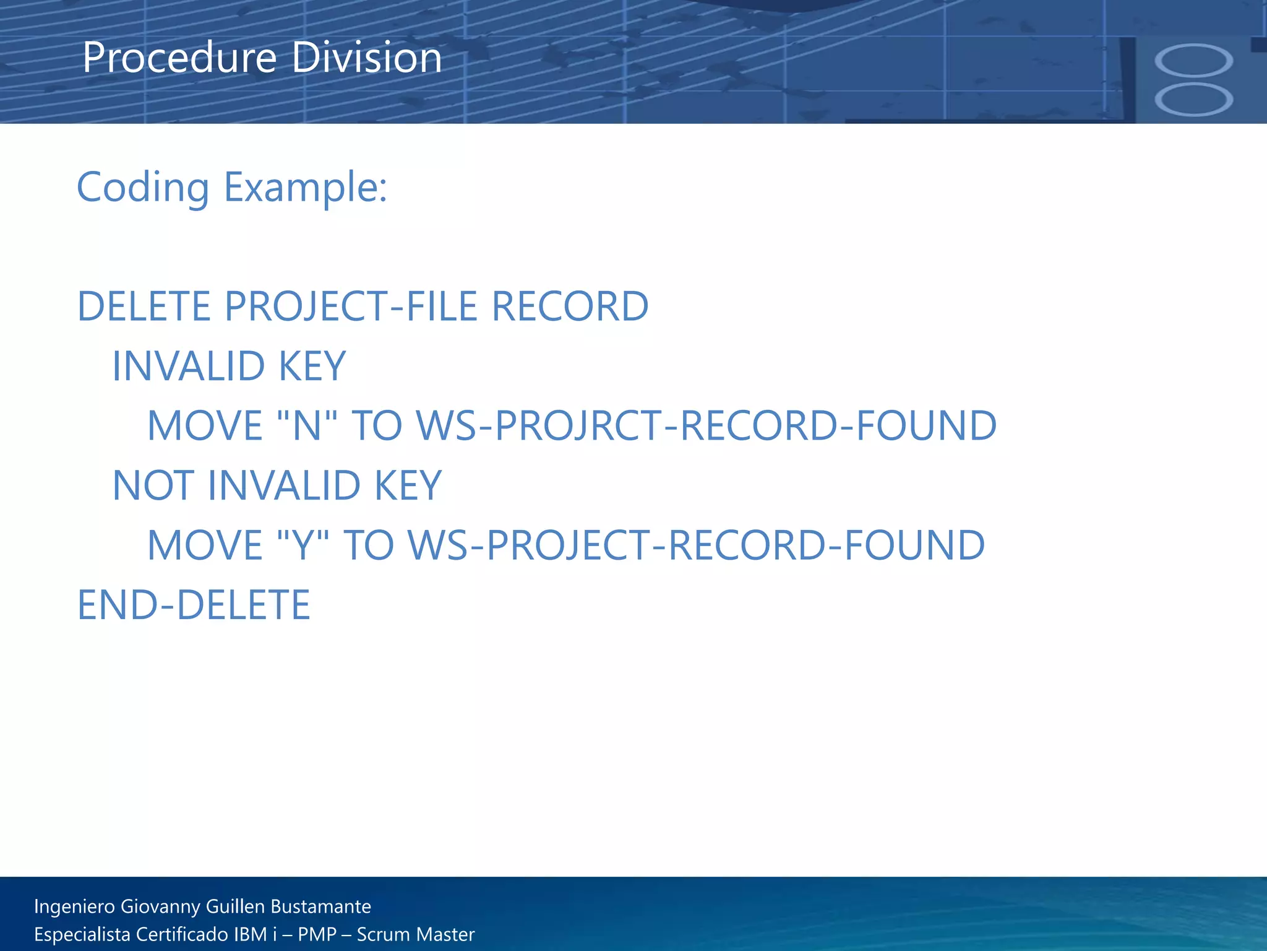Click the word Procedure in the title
179,58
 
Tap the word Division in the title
366,58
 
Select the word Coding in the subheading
143,188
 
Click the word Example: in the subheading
305,188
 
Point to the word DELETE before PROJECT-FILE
144,306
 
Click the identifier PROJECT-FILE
351,306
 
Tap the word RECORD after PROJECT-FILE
570,306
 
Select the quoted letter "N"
307,426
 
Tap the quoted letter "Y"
303,545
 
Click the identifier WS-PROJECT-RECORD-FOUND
696,545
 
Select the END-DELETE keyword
194,605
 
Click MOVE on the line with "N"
205,426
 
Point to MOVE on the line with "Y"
205,545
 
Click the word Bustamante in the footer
320,906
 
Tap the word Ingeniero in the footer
74,906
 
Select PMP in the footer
317,934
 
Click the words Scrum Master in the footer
416,934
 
